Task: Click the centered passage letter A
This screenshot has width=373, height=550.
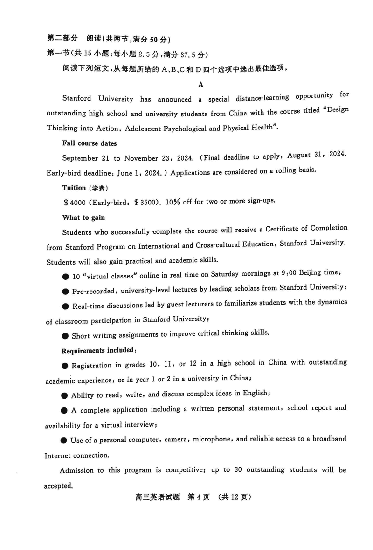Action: pyautogui.click(x=201, y=84)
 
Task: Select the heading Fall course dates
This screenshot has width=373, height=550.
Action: pyautogui.click(x=90, y=143)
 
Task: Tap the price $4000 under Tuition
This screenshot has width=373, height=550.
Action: pyautogui.click(x=74, y=203)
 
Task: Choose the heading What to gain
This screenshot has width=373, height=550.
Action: pyautogui.click(x=83, y=217)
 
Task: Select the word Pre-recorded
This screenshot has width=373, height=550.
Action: pyautogui.click(x=93, y=291)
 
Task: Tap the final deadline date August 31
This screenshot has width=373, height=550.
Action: pyautogui.click(x=304, y=156)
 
